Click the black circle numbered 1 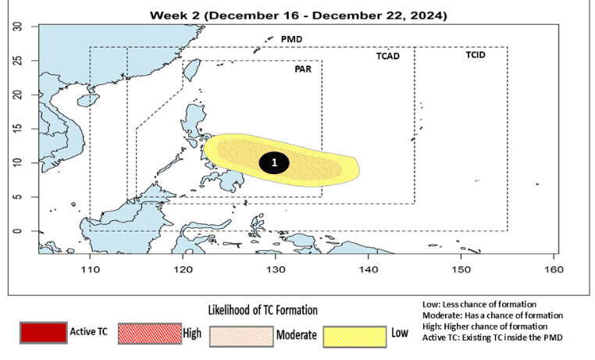click(x=275, y=162)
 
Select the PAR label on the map click(x=294, y=69)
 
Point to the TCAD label click(x=384, y=56)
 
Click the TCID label click(x=476, y=55)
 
